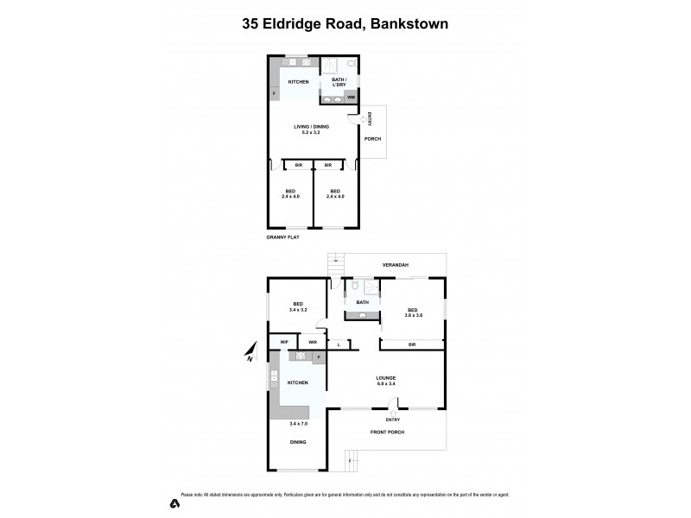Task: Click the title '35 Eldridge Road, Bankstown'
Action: (345, 25)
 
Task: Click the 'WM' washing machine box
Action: (352, 98)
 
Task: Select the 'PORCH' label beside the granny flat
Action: (372, 138)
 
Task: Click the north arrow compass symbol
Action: (250, 351)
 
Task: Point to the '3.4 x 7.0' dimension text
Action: (297, 424)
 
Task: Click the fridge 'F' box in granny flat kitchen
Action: (274, 93)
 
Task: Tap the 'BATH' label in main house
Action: (363, 302)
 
